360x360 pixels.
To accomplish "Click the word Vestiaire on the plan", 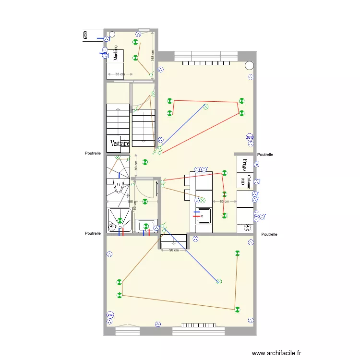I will click(x=120, y=144).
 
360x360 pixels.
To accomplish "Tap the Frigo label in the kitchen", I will click(x=244, y=165).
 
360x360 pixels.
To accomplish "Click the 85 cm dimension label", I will click(x=119, y=74).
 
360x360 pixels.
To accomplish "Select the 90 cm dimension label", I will click(x=174, y=250).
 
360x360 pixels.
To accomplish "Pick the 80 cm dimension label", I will click(x=136, y=166).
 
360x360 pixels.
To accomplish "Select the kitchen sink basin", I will click(x=203, y=216).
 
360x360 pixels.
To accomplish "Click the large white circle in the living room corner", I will click(x=249, y=65).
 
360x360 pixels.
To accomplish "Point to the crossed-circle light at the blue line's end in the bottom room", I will click(x=219, y=282).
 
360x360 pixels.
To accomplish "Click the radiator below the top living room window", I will click(x=209, y=63).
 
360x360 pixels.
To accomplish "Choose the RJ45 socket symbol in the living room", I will click(x=250, y=138).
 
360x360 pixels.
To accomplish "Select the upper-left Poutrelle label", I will click(x=93, y=154).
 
